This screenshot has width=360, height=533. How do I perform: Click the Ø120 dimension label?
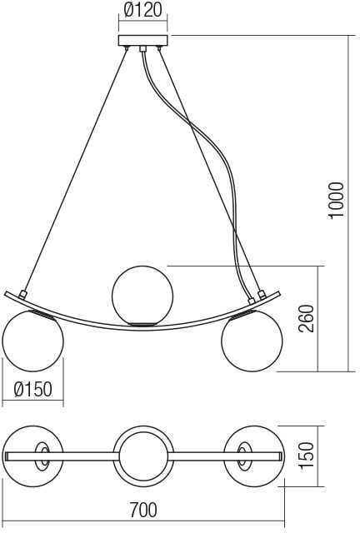click(x=142, y=10)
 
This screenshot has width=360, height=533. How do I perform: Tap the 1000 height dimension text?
click(x=337, y=201)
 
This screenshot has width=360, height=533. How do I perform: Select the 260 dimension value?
click(x=306, y=318)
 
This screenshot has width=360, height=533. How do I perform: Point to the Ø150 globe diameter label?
click(x=33, y=389)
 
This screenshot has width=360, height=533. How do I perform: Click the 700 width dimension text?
click(x=143, y=510)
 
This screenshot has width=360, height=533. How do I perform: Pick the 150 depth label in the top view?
click(x=306, y=456)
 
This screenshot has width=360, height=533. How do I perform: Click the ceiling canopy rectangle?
click(x=142, y=41)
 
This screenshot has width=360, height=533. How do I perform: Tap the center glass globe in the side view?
click(x=142, y=296)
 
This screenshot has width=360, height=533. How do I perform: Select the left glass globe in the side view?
click(x=32, y=341)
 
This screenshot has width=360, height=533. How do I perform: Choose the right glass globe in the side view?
click(x=252, y=341)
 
